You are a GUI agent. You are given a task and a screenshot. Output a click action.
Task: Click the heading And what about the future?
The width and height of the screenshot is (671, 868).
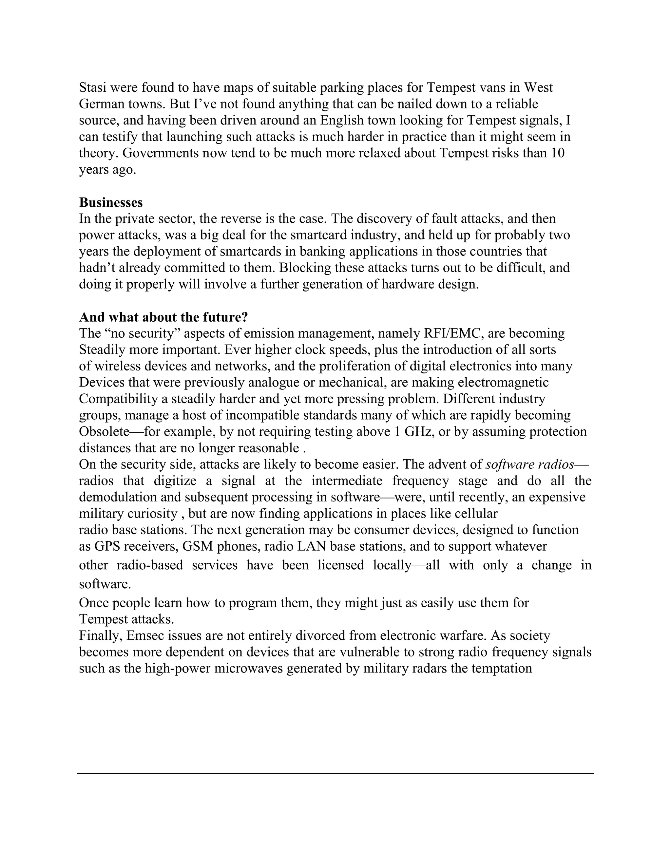[163, 317]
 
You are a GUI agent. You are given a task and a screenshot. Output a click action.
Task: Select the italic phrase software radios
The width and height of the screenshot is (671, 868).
[530, 464]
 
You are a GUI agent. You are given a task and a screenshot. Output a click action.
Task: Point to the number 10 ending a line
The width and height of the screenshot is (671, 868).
[558, 153]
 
